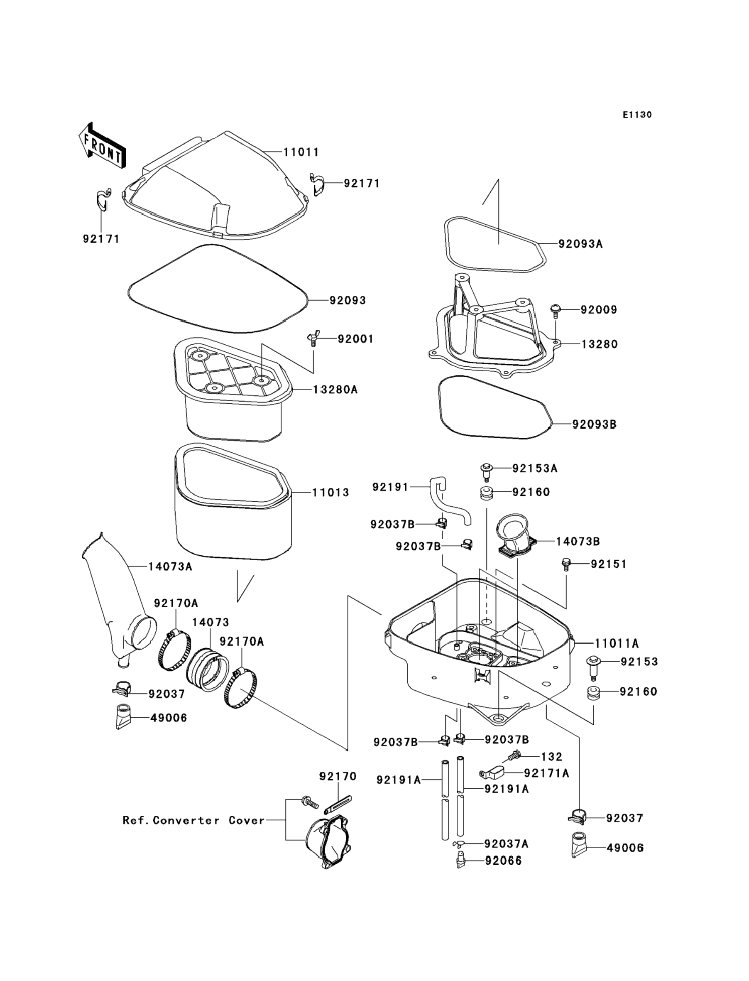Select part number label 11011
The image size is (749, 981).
pyautogui.click(x=301, y=152)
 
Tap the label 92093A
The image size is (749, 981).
pyautogui.click(x=580, y=244)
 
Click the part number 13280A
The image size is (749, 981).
pyautogui.click(x=335, y=389)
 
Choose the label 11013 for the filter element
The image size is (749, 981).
pyautogui.click(x=330, y=492)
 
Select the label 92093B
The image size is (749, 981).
pyautogui.click(x=595, y=424)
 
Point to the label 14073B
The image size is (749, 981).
pyautogui.click(x=578, y=541)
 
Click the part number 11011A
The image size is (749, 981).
pyautogui.click(x=617, y=643)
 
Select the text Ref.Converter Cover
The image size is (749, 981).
pyautogui.click(x=193, y=820)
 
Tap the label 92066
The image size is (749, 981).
pyautogui.click(x=503, y=861)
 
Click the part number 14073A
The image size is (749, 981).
pyautogui.click(x=170, y=567)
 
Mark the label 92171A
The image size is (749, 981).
pyautogui.click(x=546, y=773)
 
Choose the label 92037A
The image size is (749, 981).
pyautogui.click(x=507, y=844)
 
